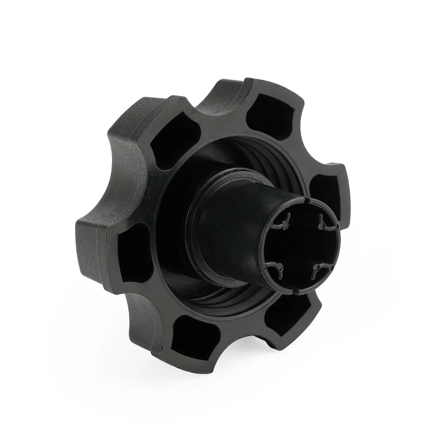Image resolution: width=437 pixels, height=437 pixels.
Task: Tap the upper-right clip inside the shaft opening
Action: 325,223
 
